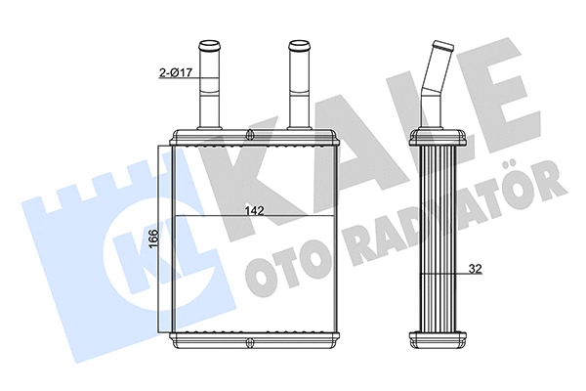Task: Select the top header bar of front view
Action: [x=255, y=138]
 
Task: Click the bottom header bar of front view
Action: [x=255, y=342]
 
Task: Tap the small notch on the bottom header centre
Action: [x=252, y=342]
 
